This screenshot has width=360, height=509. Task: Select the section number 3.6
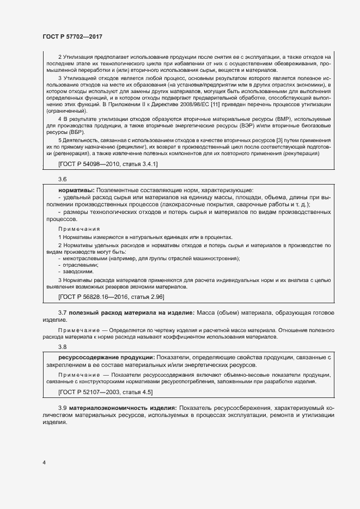[x=62, y=179]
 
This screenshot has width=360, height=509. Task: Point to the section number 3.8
[x=62, y=347]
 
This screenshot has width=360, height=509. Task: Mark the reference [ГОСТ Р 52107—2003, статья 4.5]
[x=106, y=392]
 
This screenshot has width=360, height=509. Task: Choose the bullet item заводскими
[x=79, y=271]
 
